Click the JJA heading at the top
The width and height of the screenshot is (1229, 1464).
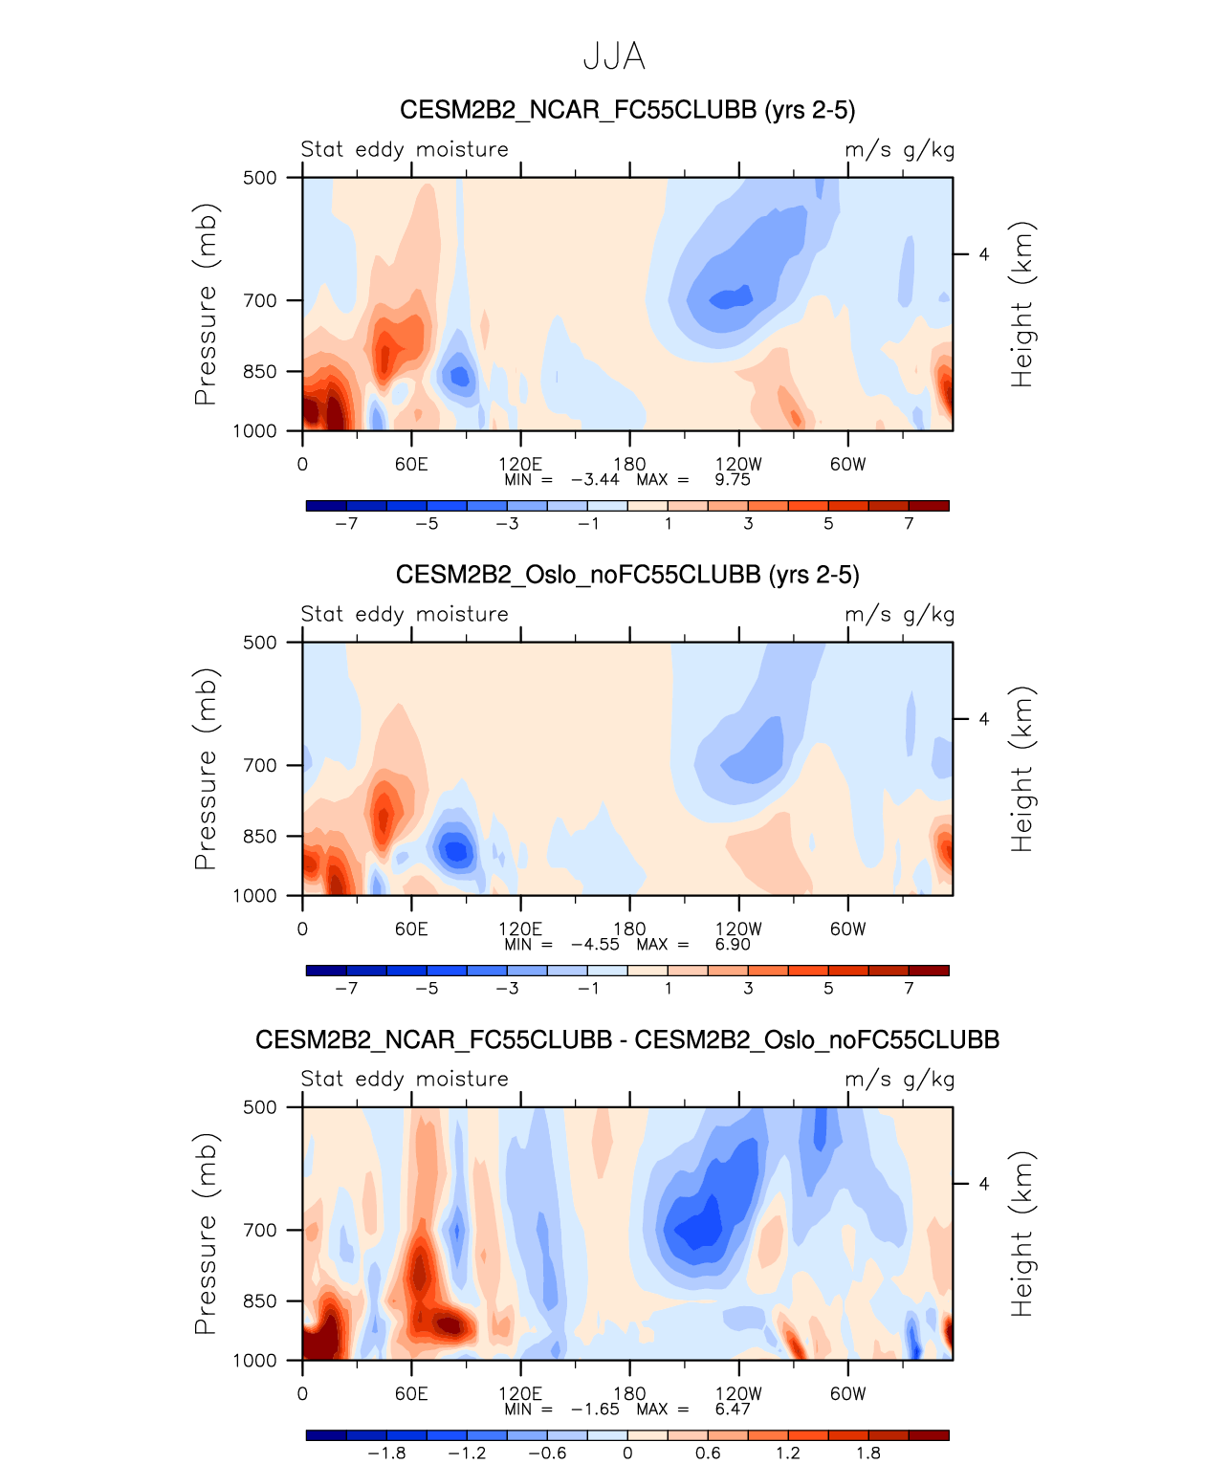(614, 57)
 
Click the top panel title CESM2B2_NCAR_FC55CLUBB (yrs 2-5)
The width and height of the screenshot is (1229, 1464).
(627, 110)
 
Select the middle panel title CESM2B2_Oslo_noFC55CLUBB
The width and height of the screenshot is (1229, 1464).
(627, 575)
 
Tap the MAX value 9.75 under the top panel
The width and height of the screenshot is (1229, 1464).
(733, 480)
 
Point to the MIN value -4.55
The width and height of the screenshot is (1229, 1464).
(595, 945)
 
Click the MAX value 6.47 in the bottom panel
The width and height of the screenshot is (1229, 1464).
(733, 1409)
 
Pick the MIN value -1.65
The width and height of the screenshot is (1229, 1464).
(595, 1409)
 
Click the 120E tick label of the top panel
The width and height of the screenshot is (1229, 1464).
(520, 465)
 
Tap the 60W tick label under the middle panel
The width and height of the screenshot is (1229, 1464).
(847, 929)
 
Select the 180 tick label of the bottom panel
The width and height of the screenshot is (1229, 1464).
(629, 1394)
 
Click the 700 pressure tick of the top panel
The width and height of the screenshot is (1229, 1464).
(259, 301)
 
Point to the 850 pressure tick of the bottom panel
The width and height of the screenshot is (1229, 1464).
(259, 1301)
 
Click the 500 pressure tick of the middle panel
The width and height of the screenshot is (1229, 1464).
(259, 643)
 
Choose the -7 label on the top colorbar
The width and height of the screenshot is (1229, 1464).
(346, 524)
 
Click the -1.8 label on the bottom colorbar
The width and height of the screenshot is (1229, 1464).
(386, 1453)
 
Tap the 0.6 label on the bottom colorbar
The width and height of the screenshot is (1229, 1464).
(708, 1453)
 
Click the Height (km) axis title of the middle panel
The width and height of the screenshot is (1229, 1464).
(1022, 769)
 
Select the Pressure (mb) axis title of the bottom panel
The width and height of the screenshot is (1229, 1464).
(206, 1234)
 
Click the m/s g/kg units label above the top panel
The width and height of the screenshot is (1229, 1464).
(899, 150)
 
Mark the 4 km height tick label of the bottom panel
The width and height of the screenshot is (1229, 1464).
(983, 1184)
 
